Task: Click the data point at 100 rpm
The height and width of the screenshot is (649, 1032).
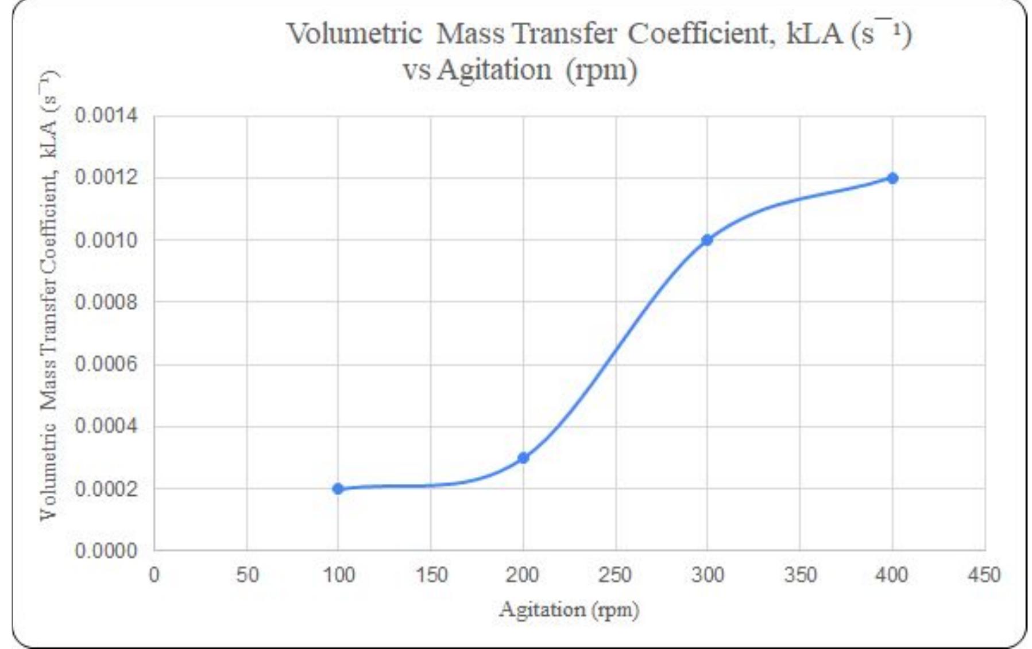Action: pyautogui.click(x=338, y=489)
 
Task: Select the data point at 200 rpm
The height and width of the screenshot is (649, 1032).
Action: pyautogui.click(x=523, y=458)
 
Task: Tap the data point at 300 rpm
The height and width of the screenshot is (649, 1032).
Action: pyautogui.click(x=707, y=240)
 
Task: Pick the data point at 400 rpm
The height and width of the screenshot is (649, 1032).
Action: pyautogui.click(x=892, y=178)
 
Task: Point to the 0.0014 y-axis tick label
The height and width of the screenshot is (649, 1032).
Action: pyautogui.click(x=106, y=115)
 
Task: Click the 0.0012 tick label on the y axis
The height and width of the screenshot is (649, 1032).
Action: pyautogui.click(x=106, y=177)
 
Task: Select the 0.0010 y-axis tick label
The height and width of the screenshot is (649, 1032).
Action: pyautogui.click(x=106, y=240)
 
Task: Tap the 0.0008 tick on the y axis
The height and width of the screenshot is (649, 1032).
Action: pyautogui.click(x=106, y=302)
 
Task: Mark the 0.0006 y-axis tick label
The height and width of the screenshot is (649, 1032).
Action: pyautogui.click(x=106, y=364)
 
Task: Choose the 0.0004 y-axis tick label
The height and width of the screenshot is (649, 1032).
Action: pyautogui.click(x=106, y=426)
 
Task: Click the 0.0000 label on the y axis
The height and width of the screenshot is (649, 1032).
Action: pyautogui.click(x=106, y=551)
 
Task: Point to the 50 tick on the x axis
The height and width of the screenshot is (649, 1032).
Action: pyautogui.click(x=248, y=574)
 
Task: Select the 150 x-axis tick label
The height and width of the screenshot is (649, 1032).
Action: pyautogui.click(x=431, y=574)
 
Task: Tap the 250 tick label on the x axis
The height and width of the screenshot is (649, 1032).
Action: pyautogui.click(x=615, y=574)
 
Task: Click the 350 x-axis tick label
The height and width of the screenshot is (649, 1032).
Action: pyautogui.click(x=800, y=574)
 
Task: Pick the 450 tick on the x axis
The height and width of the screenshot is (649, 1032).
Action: pyautogui.click(x=984, y=574)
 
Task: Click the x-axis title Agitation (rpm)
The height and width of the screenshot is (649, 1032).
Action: pyautogui.click(x=569, y=609)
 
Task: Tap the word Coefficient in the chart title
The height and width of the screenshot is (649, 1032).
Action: pyautogui.click(x=698, y=33)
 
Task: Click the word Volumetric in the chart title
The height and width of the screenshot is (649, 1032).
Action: pyautogui.click(x=354, y=33)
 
